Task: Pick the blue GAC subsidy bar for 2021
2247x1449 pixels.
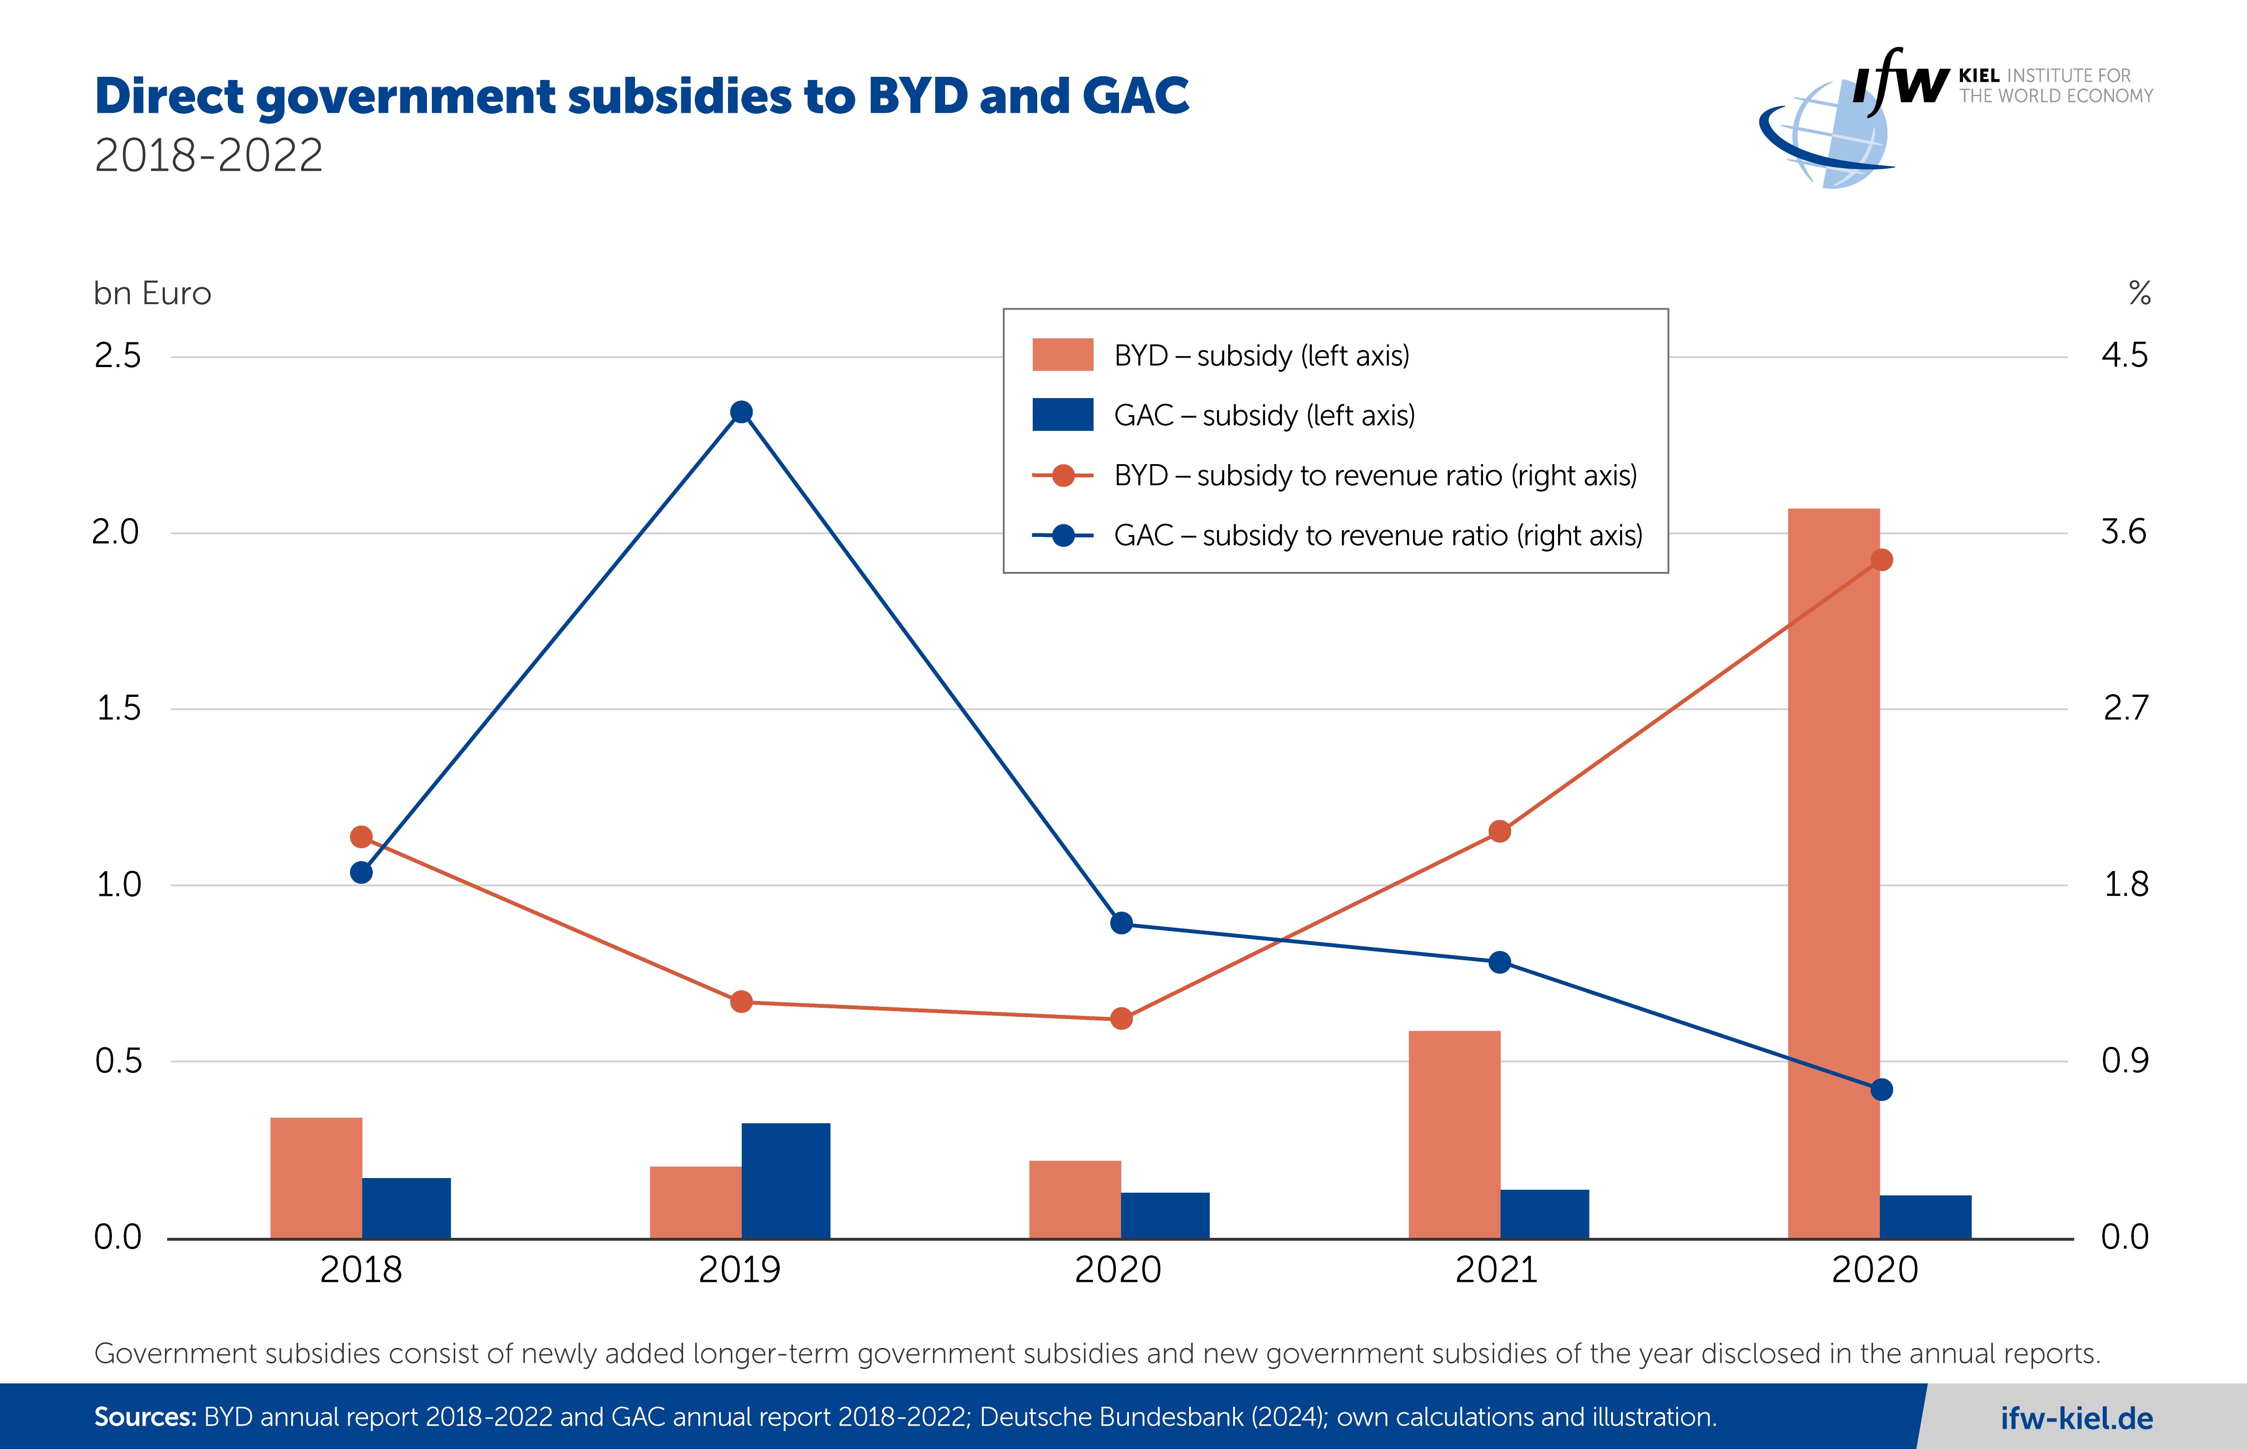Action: coord(1544,1214)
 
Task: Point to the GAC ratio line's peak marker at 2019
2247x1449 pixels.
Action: coord(742,412)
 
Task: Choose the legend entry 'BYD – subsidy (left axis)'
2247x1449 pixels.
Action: coord(1261,356)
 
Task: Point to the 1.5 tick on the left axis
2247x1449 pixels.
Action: coord(119,709)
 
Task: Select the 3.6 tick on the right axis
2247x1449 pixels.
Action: coord(2124,532)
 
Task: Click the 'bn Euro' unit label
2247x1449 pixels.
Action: coord(152,293)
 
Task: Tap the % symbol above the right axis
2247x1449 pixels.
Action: coord(2140,293)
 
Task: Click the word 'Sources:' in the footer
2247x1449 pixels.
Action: coord(145,1417)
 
